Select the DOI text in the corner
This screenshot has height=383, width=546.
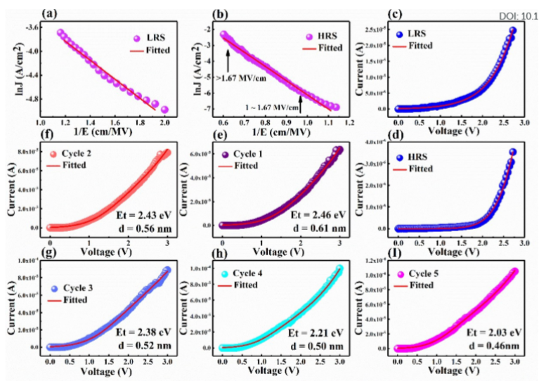coord(521,15)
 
